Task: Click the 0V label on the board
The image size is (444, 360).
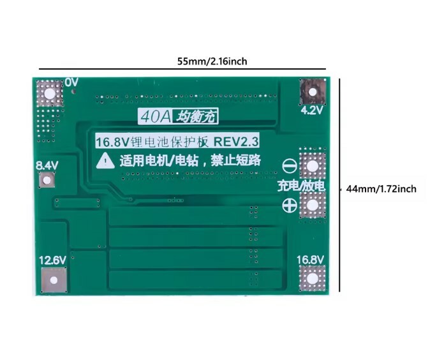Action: [x=71, y=82]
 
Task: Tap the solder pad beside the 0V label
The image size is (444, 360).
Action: [x=50, y=93]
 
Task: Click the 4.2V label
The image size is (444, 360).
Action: [x=312, y=110]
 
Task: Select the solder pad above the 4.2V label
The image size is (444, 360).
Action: [x=313, y=92]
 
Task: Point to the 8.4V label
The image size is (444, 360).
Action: [x=47, y=166]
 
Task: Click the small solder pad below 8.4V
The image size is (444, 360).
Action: [x=47, y=180]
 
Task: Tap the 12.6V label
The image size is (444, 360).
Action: [x=53, y=260]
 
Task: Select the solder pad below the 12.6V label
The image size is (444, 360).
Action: [x=54, y=280]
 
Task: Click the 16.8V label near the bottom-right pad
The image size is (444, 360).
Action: [x=310, y=260]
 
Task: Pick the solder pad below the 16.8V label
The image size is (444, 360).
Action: [x=313, y=279]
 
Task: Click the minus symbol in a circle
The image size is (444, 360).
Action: [x=290, y=166]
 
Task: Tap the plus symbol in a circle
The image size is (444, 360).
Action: [x=290, y=206]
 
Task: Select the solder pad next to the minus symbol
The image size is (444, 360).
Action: [x=313, y=166]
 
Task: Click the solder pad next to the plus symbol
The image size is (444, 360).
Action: [x=313, y=206]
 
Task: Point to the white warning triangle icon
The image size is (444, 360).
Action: [x=105, y=161]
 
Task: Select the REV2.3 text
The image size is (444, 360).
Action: [x=236, y=142]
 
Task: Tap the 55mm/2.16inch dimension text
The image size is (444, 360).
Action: [x=212, y=61]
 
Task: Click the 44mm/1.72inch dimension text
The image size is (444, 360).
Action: [x=381, y=189]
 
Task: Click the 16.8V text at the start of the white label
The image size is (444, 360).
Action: [x=112, y=142]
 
